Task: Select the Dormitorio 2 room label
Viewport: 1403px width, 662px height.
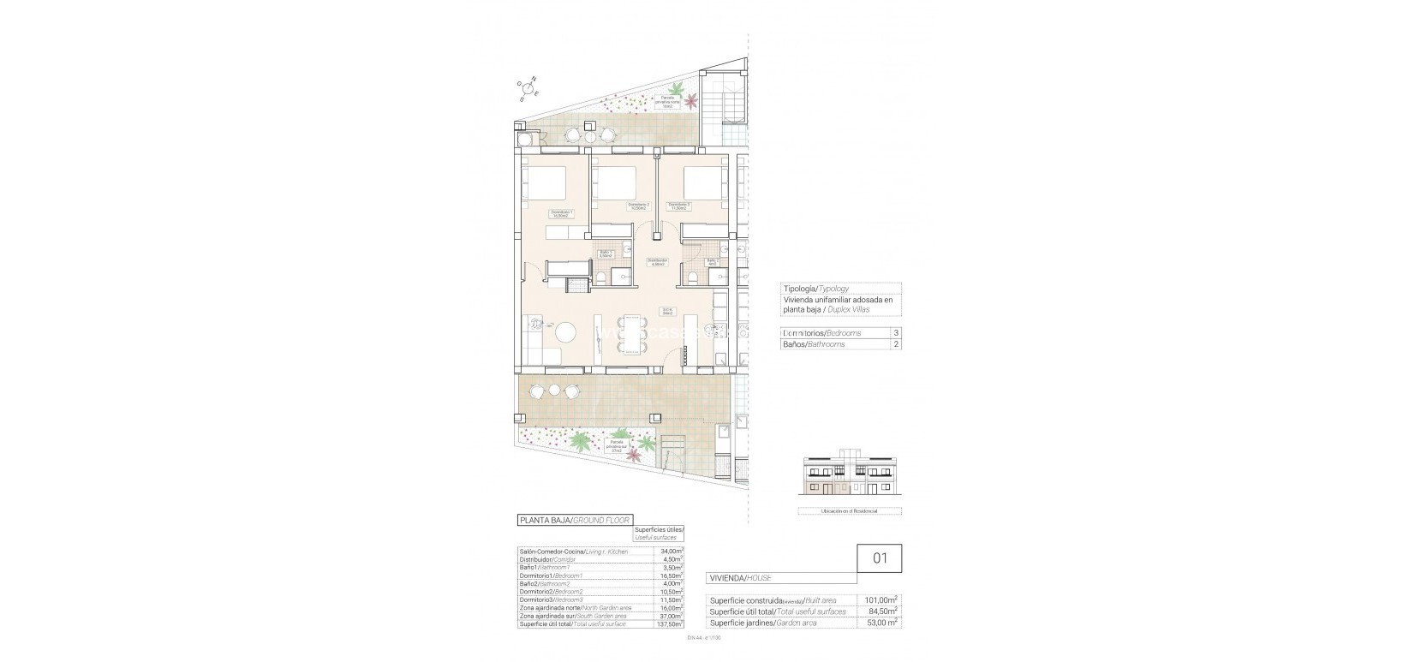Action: click(x=639, y=205)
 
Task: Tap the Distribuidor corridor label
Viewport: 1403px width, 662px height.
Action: click(x=657, y=262)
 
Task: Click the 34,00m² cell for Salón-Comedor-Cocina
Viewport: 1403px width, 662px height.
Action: click(x=671, y=552)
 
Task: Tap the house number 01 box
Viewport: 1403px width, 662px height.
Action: click(x=880, y=558)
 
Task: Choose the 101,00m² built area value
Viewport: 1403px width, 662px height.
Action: click(x=880, y=600)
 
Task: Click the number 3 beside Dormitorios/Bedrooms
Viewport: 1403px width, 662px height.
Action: click(x=896, y=332)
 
